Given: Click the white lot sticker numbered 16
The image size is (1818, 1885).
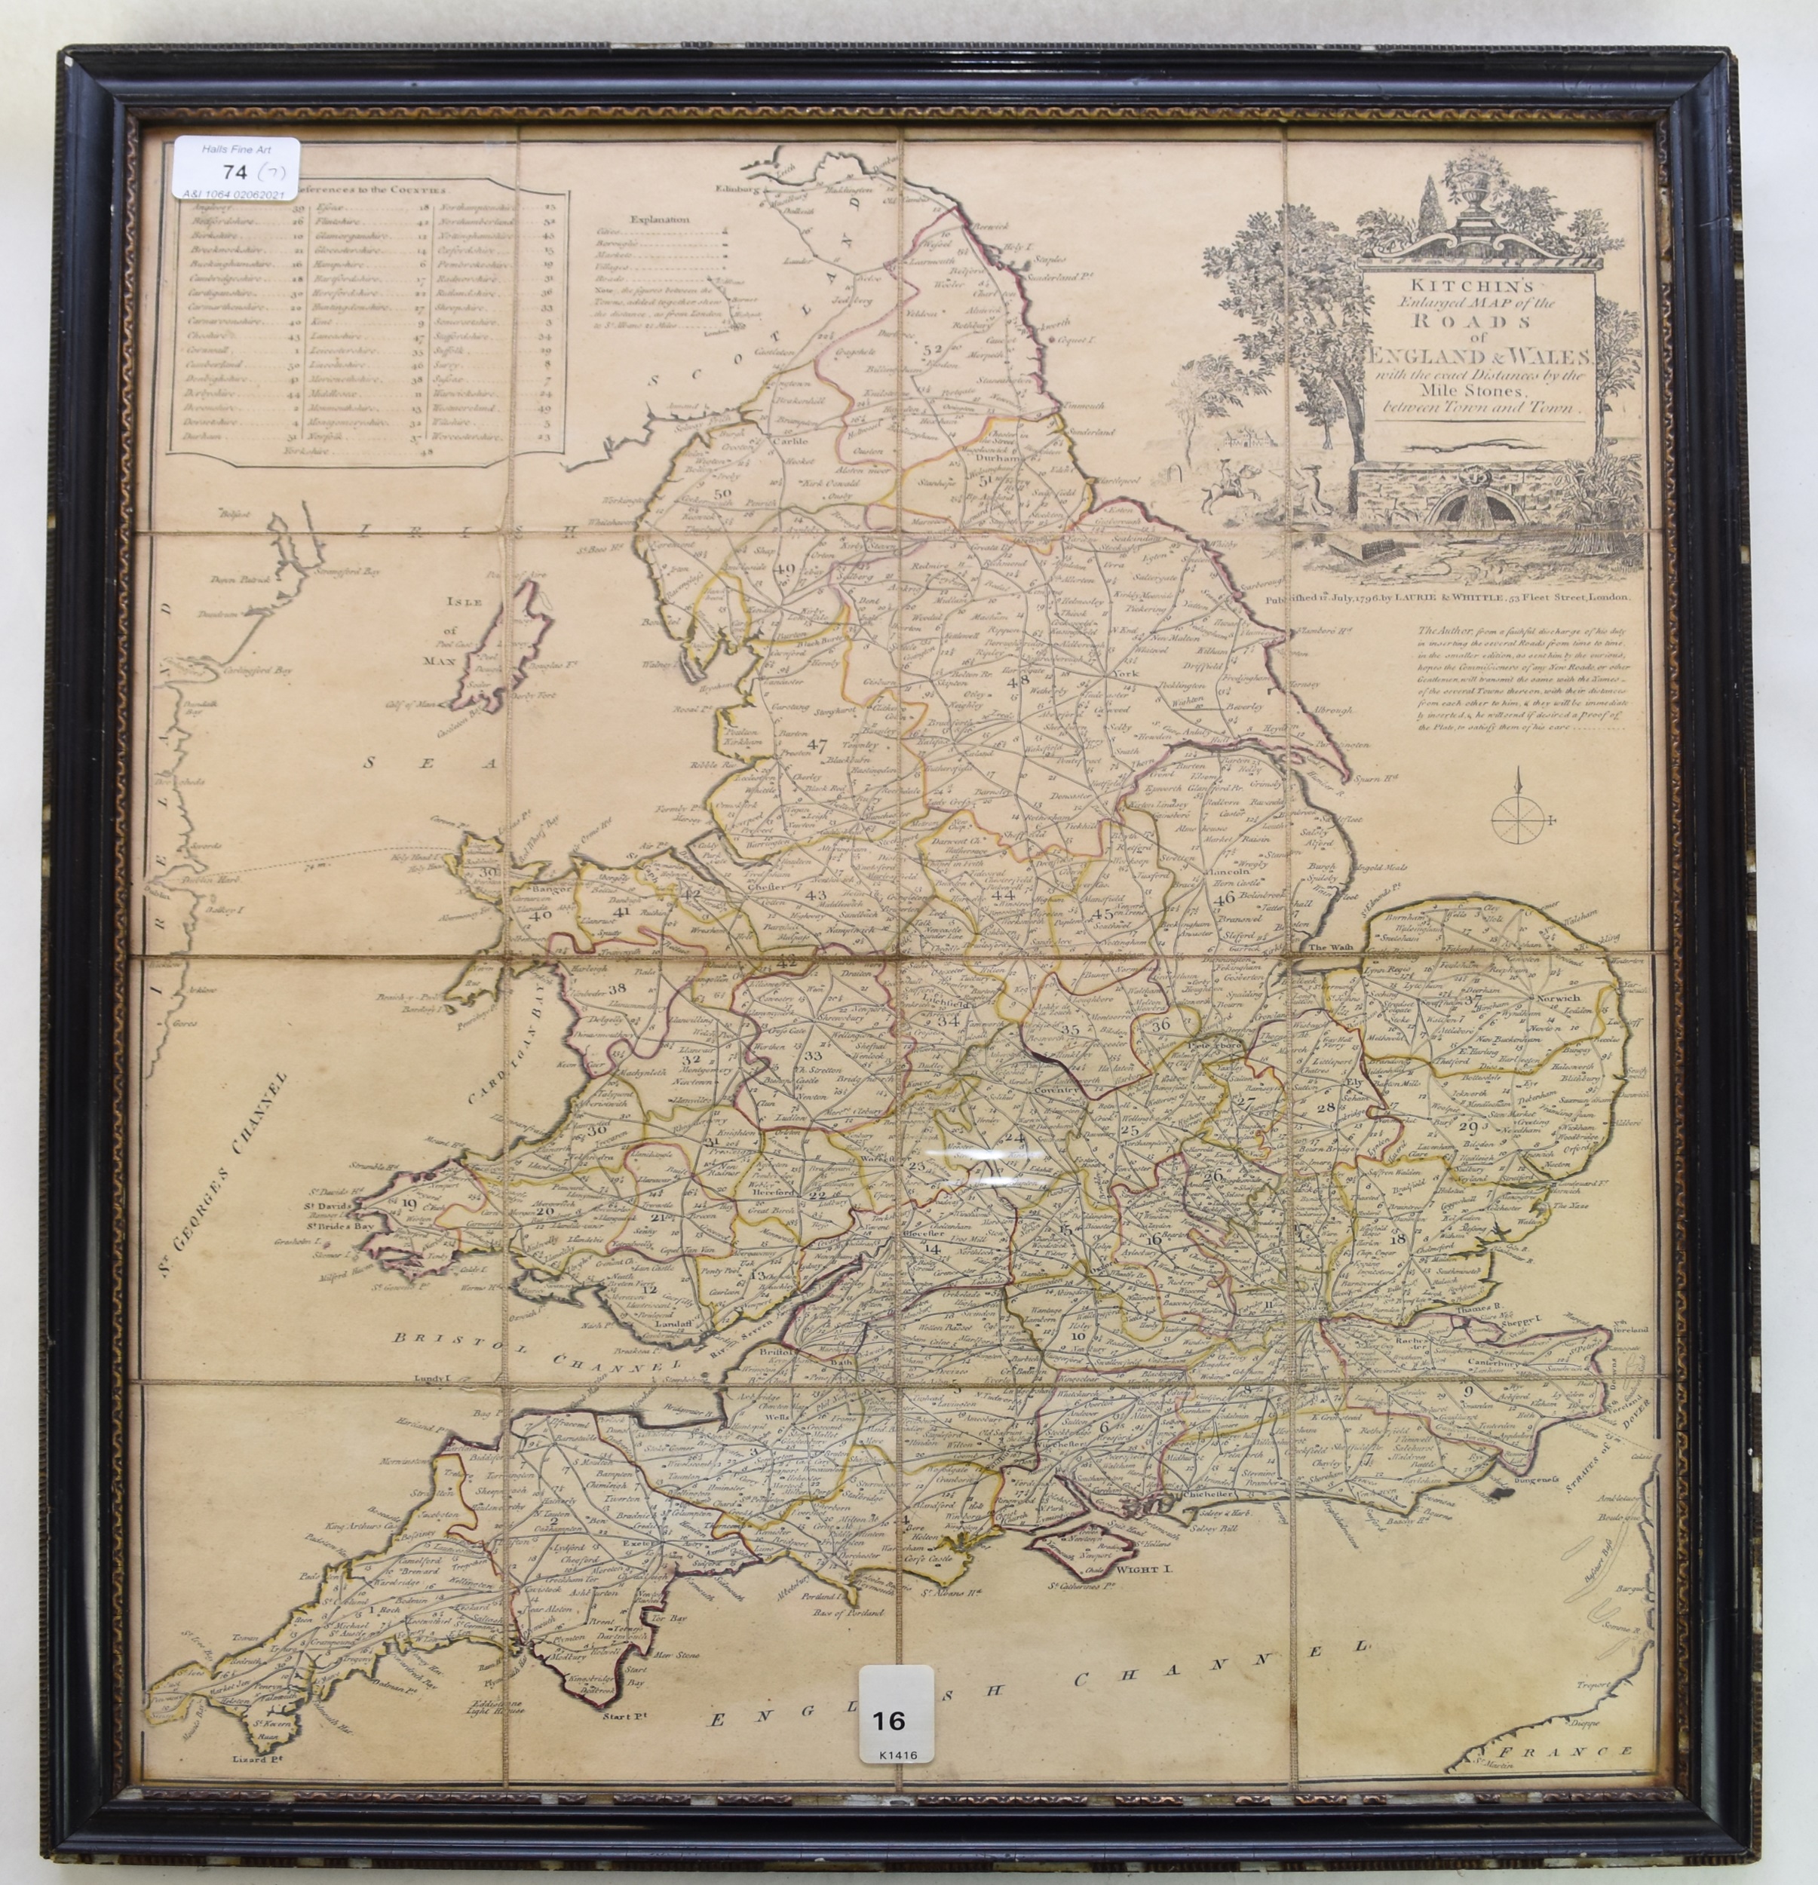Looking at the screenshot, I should coord(896,1722).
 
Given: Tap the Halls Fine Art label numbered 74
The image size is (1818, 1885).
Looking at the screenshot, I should coord(237,168).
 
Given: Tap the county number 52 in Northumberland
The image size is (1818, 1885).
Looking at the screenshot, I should coord(930,350).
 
